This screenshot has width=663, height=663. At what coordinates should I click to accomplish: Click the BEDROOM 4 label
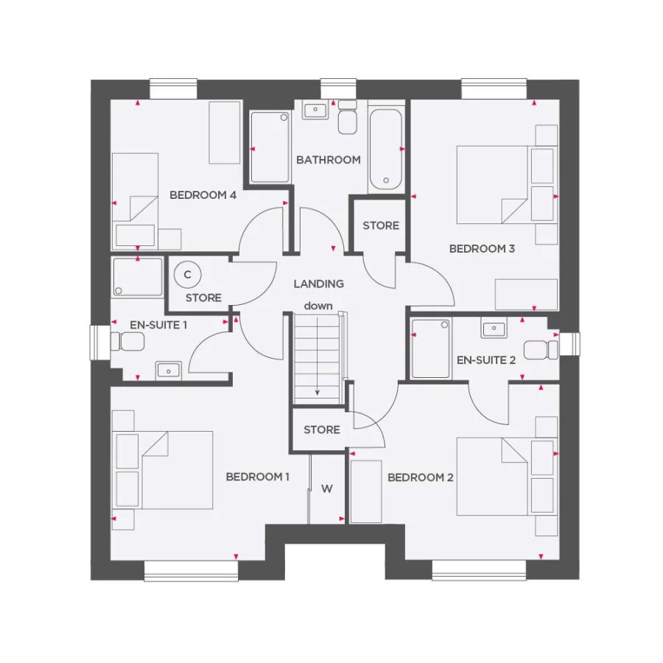(x=203, y=195)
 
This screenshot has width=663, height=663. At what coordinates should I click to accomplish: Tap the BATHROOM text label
(x=329, y=160)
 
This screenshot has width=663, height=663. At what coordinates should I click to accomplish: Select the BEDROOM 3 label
(x=482, y=249)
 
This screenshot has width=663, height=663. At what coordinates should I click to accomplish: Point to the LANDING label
(x=318, y=284)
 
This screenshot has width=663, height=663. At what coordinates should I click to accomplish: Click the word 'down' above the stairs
(x=318, y=306)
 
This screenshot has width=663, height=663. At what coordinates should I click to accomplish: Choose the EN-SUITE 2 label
(x=486, y=360)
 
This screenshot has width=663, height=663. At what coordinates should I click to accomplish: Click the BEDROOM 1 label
(x=257, y=477)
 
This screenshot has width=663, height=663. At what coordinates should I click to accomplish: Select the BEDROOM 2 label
(x=421, y=477)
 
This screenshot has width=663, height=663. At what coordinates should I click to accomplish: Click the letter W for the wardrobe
(x=327, y=488)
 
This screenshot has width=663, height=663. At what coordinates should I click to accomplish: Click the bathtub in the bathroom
(x=385, y=149)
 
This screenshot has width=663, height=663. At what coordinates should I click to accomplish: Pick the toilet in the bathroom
(x=348, y=119)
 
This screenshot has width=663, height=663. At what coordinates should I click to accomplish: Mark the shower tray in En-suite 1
(x=138, y=277)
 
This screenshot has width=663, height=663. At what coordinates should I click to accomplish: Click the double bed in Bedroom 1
(x=164, y=469)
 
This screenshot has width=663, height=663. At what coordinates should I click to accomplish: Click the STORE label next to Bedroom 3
(x=381, y=225)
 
